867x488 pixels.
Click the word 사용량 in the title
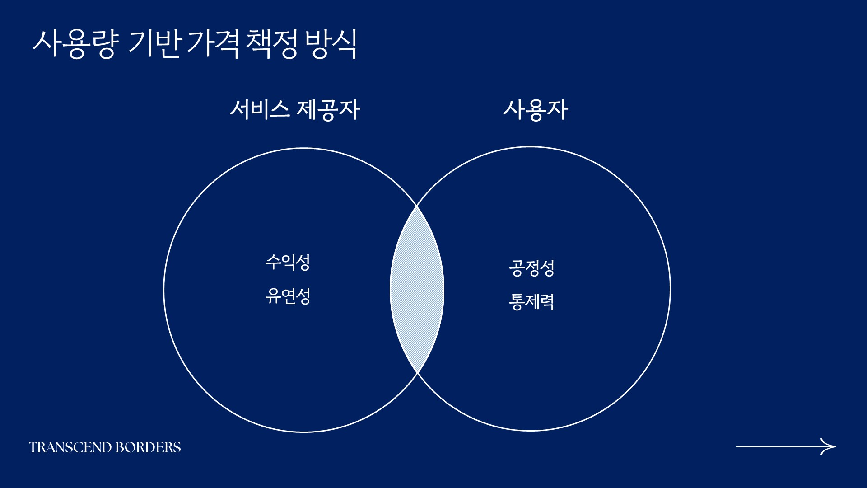(x=76, y=44)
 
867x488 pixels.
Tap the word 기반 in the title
(x=155, y=44)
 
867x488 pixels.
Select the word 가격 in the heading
(x=212, y=44)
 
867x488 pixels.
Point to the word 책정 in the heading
(x=272, y=44)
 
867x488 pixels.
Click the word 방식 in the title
(x=331, y=44)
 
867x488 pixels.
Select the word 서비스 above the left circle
(x=260, y=109)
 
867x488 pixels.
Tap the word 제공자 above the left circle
(x=328, y=110)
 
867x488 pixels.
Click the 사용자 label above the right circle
(x=536, y=110)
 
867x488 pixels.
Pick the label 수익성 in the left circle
(x=288, y=262)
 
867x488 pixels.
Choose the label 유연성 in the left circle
(x=288, y=296)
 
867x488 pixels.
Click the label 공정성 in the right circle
(x=531, y=268)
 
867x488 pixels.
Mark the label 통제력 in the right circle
(x=531, y=302)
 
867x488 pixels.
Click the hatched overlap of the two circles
(x=417, y=289)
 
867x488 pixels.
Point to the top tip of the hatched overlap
(x=417, y=206)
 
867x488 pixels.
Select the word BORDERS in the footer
(x=149, y=447)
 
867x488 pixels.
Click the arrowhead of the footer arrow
(x=829, y=446)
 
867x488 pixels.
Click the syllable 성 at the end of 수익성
(x=303, y=262)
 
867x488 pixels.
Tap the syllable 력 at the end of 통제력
(x=547, y=302)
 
